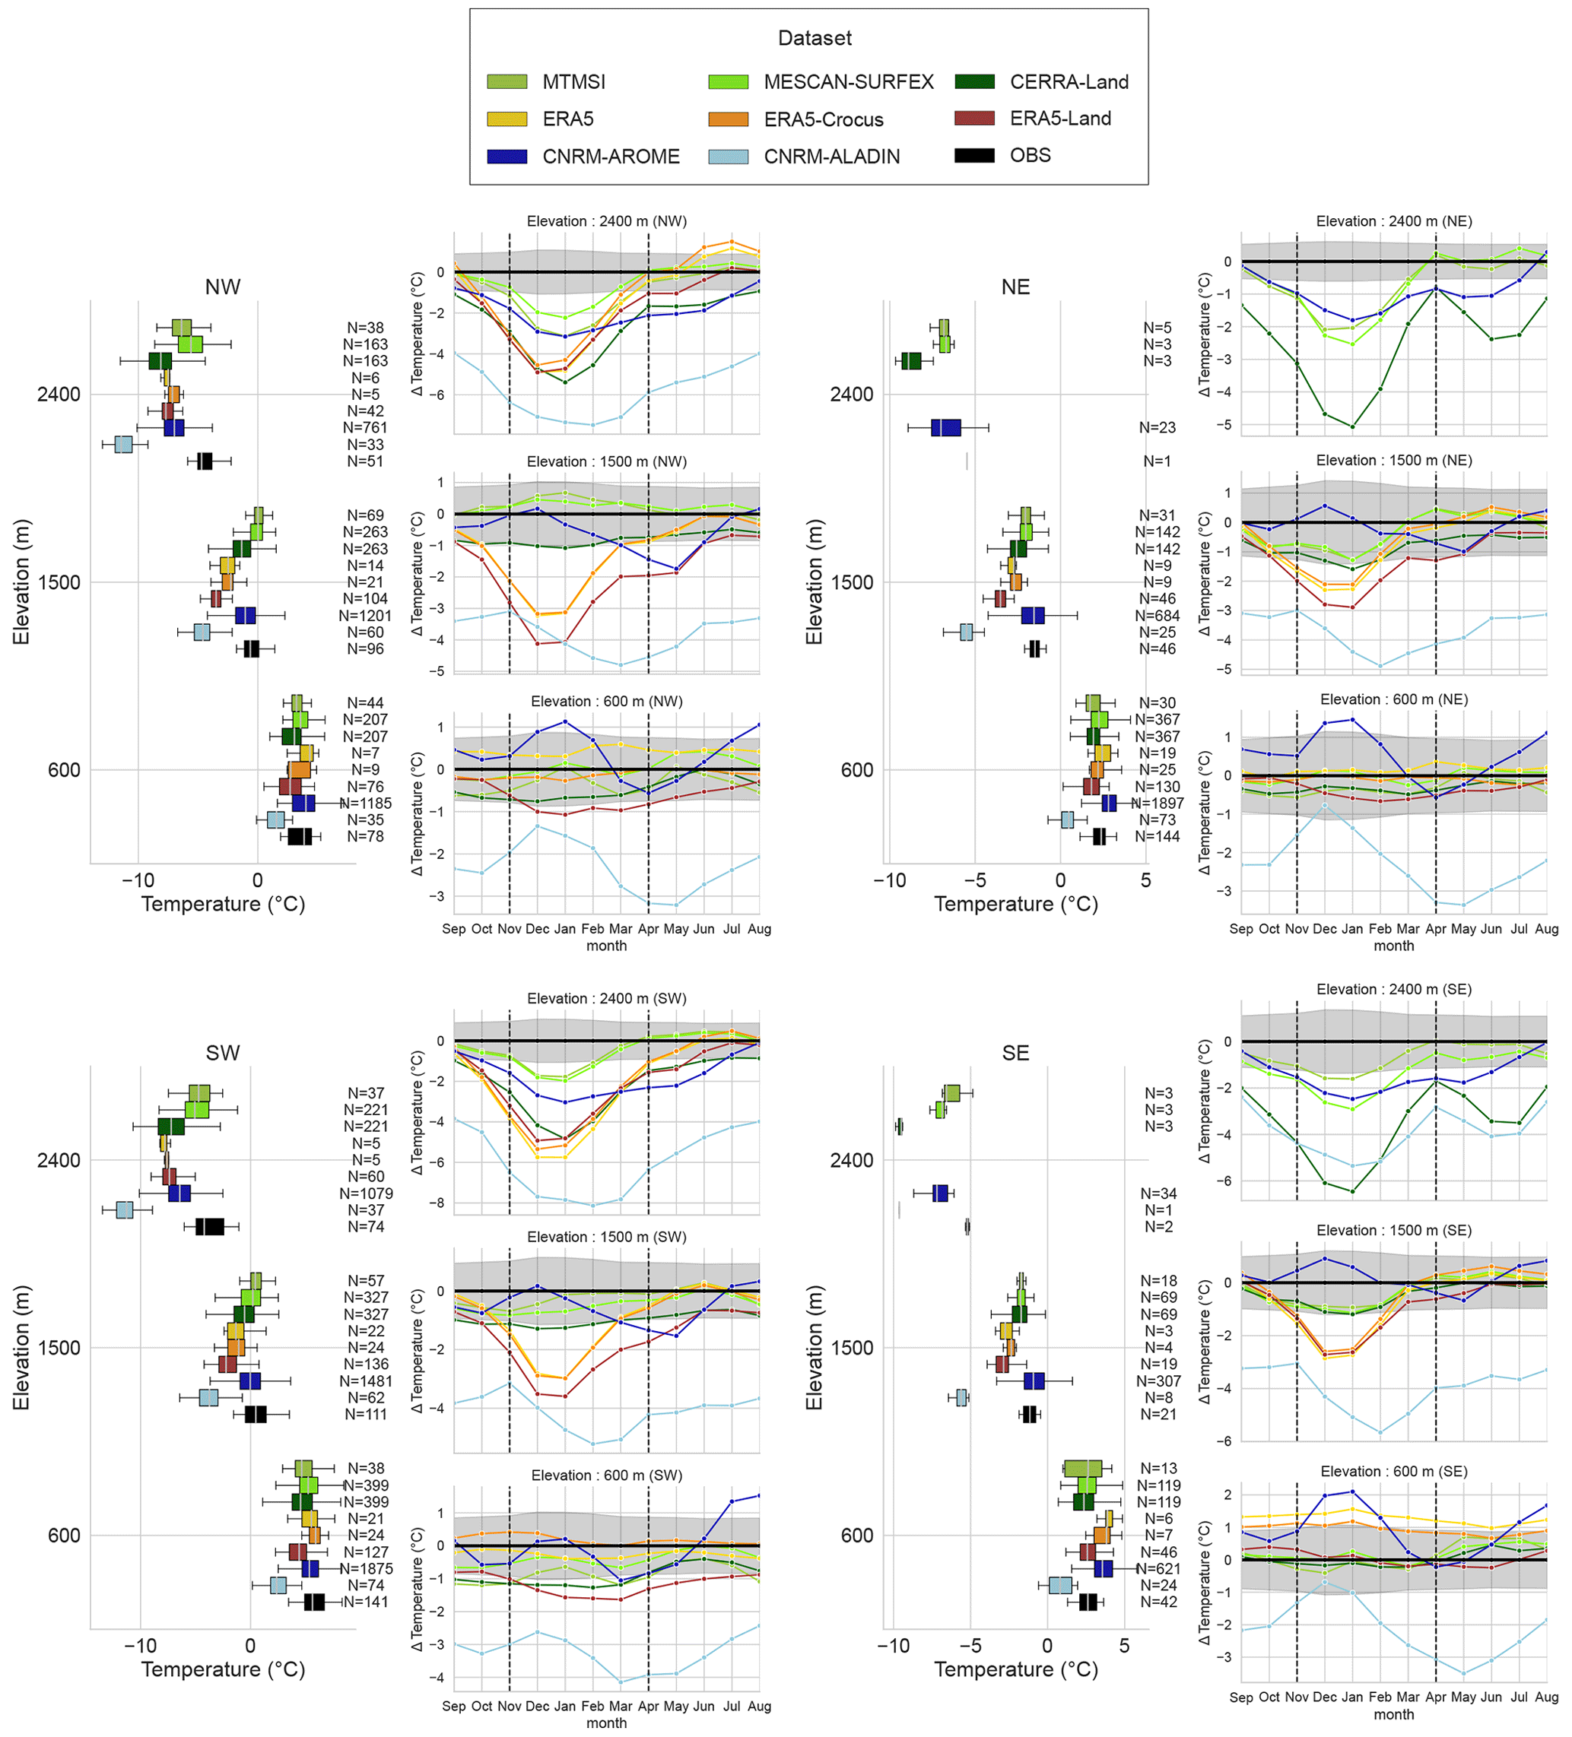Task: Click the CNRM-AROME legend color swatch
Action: point(506,156)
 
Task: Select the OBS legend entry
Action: point(1030,155)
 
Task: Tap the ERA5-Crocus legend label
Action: point(823,119)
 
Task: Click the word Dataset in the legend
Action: point(814,38)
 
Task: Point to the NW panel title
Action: point(222,287)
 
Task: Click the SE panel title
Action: point(1015,1053)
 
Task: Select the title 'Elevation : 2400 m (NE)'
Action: point(1393,221)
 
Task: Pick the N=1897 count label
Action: point(1157,803)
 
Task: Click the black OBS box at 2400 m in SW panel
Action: point(209,1227)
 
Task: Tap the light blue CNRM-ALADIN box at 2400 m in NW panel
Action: point(123,445)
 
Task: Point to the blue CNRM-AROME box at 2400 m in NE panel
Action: point(945,427)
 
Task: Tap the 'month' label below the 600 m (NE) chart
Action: point(1393,945)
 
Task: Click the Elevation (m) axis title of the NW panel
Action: point(21,582)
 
